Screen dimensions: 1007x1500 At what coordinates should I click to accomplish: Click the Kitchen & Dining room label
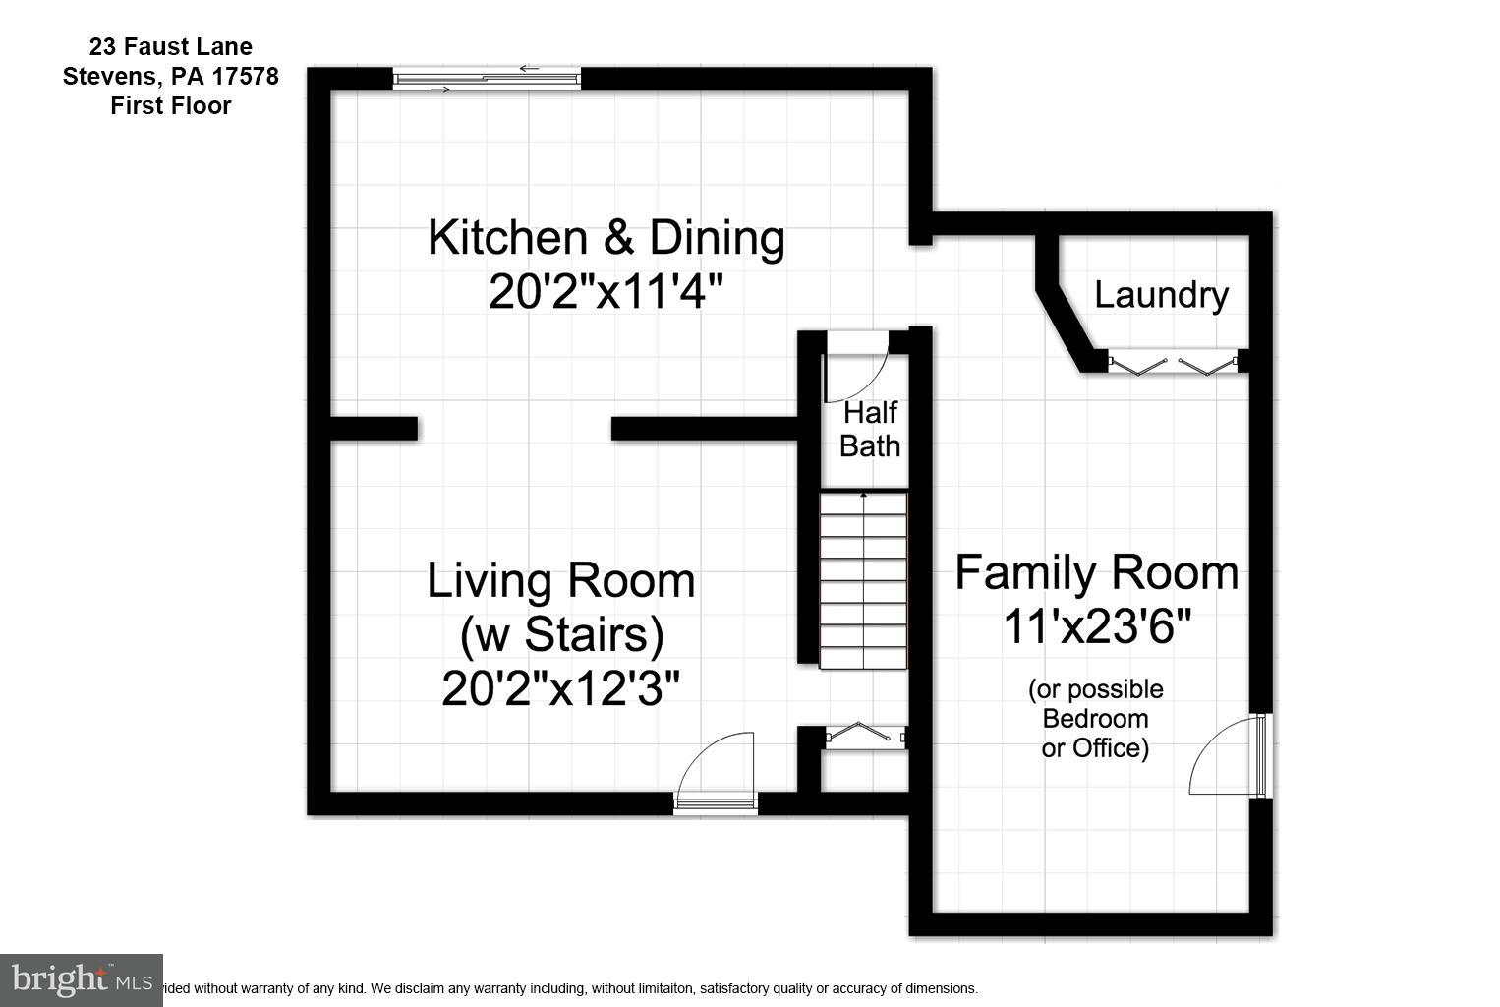tap(606, 238)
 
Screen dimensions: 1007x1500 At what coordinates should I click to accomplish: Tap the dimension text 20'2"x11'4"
tap(606, 292)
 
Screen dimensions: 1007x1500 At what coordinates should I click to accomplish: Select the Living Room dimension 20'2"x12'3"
tap(560, 688)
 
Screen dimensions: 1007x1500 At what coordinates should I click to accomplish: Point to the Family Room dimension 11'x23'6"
tap(1096, 625)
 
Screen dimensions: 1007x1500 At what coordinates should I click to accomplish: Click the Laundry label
tap(1161, 295)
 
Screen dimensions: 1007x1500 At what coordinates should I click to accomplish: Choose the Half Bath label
tap(869, 429)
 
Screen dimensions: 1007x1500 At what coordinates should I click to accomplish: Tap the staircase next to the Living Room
tap(863, 580)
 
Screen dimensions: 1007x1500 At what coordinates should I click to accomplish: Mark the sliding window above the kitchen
tap(487, 79)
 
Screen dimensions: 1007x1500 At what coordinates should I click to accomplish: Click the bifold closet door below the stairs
tap(863, 735)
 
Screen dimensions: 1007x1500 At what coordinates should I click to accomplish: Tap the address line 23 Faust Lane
tap(170, 46)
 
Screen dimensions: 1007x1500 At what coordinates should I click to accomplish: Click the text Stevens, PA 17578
tap(170, 76)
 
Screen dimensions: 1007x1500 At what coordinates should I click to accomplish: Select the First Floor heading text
tap(170, 105)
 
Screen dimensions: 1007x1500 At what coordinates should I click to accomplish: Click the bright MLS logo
tap(81, 979)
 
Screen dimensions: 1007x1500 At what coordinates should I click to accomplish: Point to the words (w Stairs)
tap(561, 634)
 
